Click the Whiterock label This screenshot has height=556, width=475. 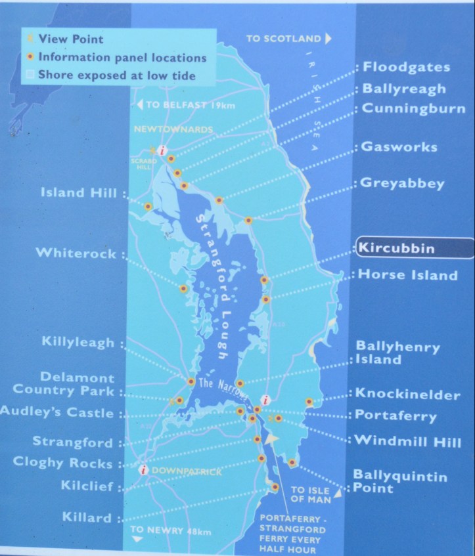76,253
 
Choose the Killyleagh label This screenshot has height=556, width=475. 78,343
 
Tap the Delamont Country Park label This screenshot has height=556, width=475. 77,385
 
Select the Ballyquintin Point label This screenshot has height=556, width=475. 399,481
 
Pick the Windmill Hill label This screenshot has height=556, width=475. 407,441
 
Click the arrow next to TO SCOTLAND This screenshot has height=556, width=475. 328,39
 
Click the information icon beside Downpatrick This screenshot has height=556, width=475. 143,469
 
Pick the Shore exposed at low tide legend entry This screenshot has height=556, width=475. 116,75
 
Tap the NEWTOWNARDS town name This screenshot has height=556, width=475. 173,130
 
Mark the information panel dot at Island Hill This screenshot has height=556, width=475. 148,206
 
